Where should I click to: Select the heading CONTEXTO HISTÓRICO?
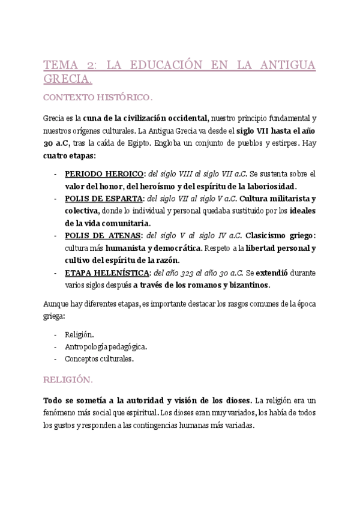98,96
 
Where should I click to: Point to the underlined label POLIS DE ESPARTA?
104,198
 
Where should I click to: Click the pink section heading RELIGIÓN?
68,379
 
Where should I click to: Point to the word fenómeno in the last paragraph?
62,412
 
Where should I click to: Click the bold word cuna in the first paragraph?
92,118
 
